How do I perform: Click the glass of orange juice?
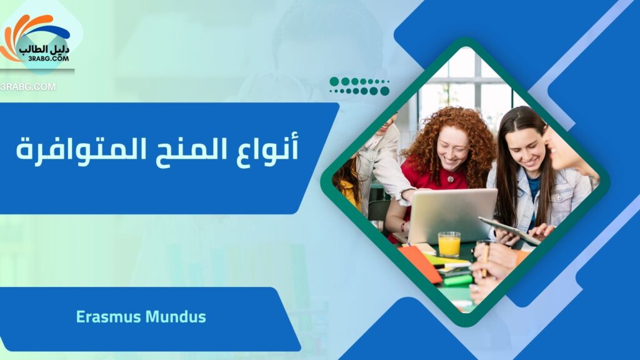point(449,244)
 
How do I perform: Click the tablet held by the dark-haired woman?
point(509,230)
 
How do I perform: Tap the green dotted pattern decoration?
point(359,86)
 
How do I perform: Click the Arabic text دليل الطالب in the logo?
point(44,49)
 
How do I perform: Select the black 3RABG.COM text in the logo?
point(49,59)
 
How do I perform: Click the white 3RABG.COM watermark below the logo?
point(27,86)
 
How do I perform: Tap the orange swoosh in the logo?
point(21,35)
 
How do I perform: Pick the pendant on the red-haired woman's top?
point(450,179)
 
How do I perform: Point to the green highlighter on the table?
point(457,281)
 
